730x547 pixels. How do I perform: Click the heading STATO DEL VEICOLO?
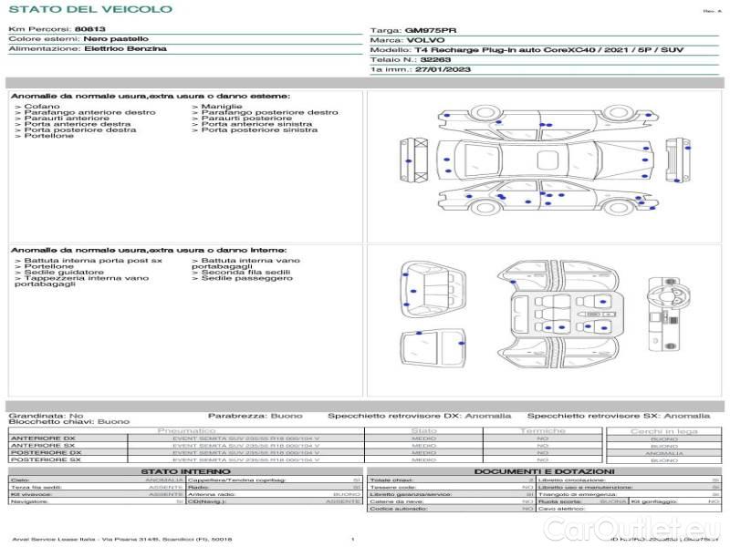(x=89, y=9)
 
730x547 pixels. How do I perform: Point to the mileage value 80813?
(x=89, y=29)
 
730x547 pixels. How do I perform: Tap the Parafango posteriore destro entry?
(x=269, y=113)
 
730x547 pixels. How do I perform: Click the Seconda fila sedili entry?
(x=245, y=272)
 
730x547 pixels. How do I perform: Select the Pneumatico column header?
(x=186, y=430)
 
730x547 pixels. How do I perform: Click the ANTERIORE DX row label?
(x=44, y=439)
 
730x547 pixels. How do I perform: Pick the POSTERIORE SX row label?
(x=46, y=460)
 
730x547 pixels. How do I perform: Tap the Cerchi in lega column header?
(x=663, y=430)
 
